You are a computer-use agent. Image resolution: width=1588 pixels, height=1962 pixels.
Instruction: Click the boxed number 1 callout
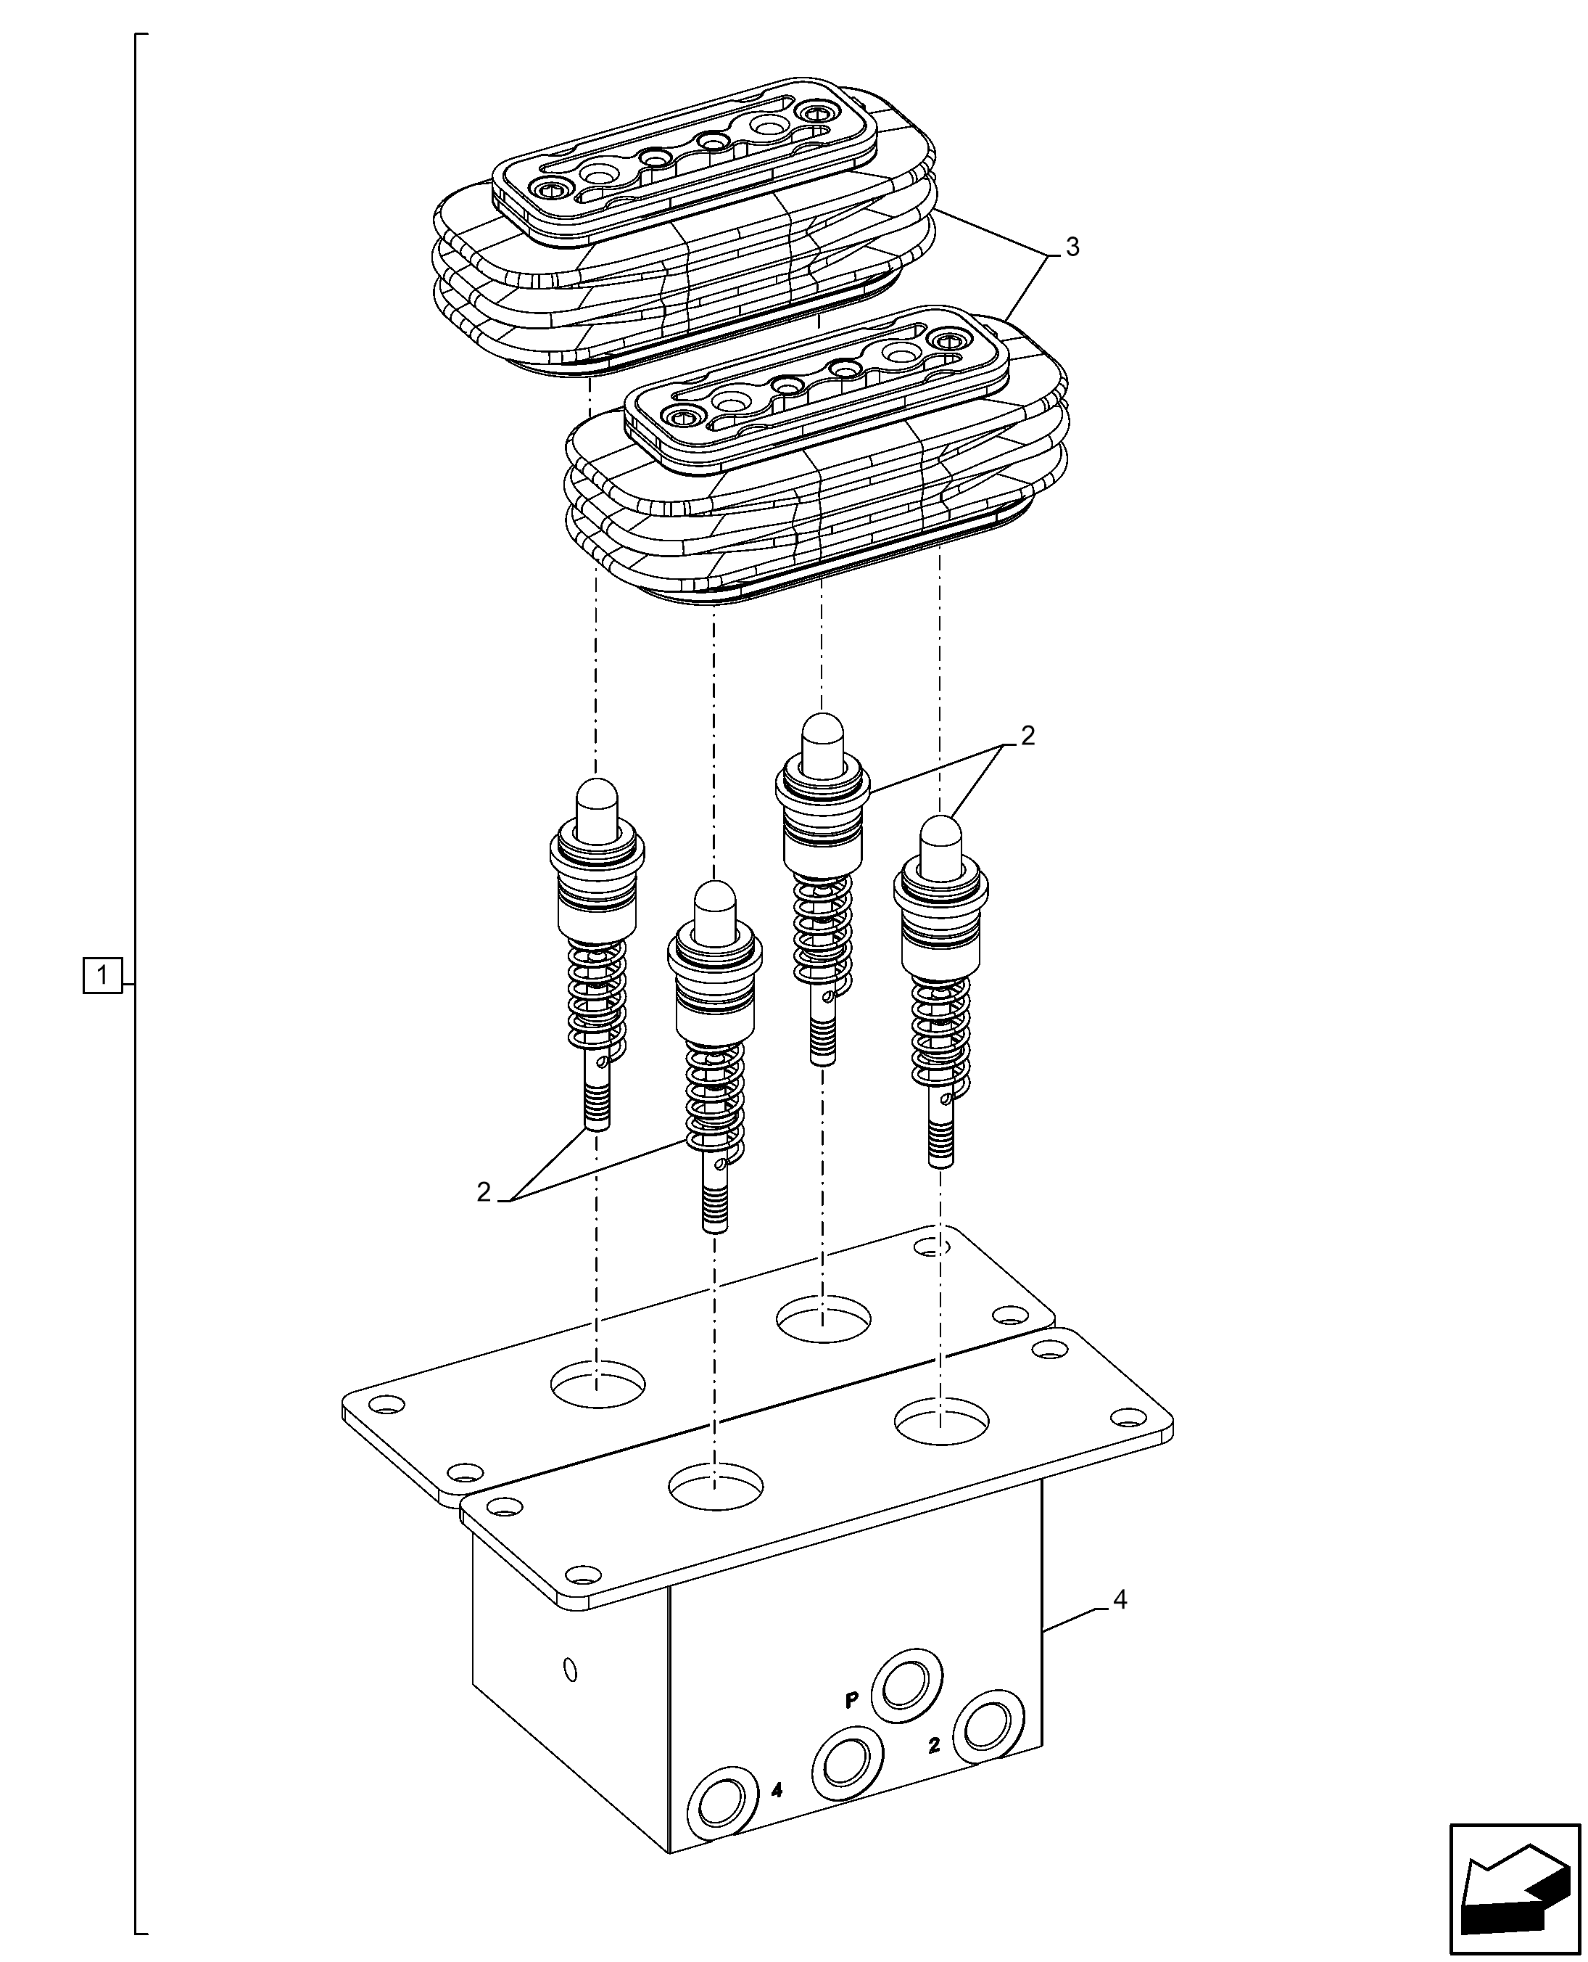tap(102, 975)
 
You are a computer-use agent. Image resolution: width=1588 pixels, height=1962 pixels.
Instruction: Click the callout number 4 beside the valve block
tap(1119, 1601)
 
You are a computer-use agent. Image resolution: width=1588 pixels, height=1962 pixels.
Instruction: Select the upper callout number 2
tap(1027, 736)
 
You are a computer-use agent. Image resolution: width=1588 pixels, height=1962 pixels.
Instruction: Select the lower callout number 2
tap(484, 1192)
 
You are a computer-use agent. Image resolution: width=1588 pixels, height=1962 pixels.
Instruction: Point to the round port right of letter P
tap(906, 1686)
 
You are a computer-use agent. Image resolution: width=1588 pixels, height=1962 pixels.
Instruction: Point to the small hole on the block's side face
tap(570, 1670)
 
